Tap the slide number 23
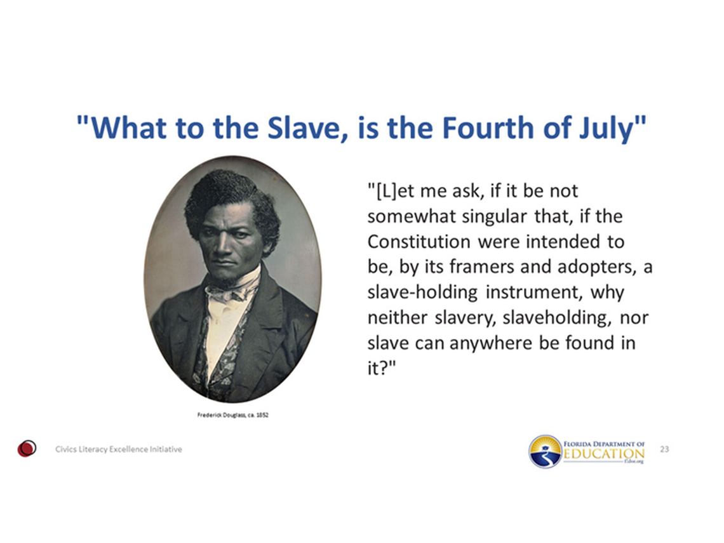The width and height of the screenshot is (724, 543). (x=665, y=449)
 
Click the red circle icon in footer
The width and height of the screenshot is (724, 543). (x=26, y=448)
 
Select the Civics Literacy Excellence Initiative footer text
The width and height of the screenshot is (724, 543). (x=118, y=449)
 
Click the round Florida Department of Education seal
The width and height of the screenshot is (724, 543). (x=545, y=451)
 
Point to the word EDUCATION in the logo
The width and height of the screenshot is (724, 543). (x=603, y=454)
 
